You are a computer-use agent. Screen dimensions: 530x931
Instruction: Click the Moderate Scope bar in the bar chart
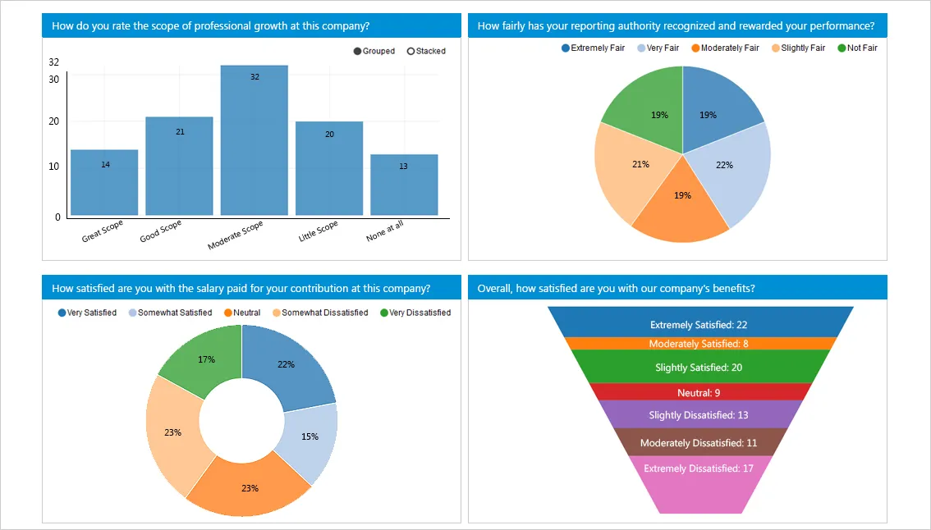click(254, 139)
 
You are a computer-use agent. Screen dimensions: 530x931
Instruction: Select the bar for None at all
click(404, 185)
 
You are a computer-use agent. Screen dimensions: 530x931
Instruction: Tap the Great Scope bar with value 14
click(104, 182)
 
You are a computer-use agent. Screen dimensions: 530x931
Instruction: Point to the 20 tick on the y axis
click(54, 121)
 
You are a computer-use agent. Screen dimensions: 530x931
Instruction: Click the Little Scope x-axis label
click(319, 231)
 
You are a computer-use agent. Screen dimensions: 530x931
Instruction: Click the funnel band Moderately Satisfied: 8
click(699, 344)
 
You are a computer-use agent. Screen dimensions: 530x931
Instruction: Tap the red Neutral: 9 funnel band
click(699, 392)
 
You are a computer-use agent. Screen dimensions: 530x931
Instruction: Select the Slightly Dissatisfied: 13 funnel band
click(699, 415)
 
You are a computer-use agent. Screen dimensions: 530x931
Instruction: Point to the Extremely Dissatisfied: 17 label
click(699, 468)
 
